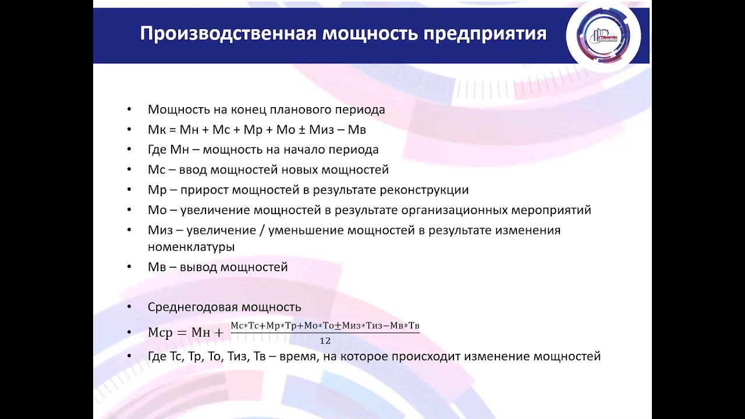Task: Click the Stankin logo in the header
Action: (603, 36)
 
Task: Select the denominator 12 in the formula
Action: (325, 341)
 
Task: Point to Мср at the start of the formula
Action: (161, 333)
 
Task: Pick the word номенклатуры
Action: (191, 247)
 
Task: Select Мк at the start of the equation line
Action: (155, 130)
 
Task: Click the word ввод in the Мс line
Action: (192, 170)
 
